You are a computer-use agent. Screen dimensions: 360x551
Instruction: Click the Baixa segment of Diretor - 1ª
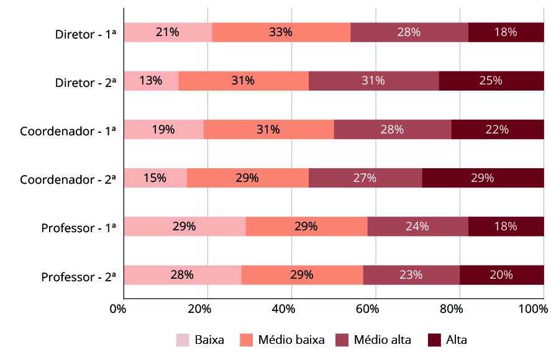coord(168,32)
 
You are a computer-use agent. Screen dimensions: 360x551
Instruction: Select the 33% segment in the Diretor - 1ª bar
coord(281,32)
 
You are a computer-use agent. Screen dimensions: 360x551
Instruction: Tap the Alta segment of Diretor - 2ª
coord(491,81)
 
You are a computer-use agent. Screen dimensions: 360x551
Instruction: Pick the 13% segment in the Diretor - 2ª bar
coord(151,81)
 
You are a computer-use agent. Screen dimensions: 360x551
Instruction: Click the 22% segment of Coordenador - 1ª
coord(498,129)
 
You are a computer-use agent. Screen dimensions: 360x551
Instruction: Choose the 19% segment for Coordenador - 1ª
coord(163,129)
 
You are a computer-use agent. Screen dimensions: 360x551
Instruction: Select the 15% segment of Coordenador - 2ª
coord(155,178)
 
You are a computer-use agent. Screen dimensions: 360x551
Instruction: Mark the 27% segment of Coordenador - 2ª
coord(365,178)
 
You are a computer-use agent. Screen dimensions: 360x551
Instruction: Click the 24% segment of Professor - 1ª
coord(417,226)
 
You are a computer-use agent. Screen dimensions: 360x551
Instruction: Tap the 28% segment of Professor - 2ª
coord(182,274)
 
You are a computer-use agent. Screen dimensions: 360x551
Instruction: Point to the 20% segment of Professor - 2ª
coord(502,274)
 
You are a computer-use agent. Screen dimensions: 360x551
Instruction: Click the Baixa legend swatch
coord(183,340)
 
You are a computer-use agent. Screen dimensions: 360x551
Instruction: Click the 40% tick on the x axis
coord(283,309)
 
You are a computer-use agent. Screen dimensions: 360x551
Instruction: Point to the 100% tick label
coord(531,309)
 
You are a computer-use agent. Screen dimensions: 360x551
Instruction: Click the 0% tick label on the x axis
coord(117,309)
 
